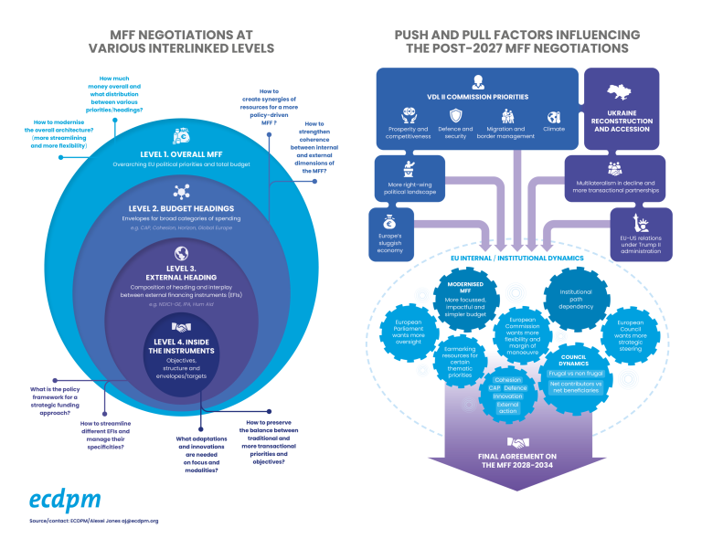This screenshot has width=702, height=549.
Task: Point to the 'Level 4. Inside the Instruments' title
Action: [180, 346]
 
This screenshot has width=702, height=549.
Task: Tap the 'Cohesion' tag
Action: [506, 379]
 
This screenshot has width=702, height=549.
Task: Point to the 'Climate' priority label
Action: [553, 129]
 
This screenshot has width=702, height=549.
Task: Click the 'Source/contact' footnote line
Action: [92, 521]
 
